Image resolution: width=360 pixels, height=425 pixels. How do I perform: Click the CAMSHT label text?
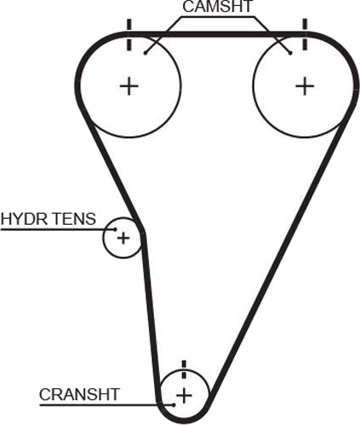(217, 7)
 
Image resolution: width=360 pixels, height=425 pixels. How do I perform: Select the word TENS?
(74, 219)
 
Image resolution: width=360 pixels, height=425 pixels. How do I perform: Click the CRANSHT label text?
(80, 394)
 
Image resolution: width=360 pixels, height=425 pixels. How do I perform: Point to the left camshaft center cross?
(129, 86)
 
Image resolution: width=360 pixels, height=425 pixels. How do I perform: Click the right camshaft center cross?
(304, 86)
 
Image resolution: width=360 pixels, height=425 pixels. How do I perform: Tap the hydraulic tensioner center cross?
(123, 238)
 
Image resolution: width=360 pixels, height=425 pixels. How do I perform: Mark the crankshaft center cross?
(184, 395)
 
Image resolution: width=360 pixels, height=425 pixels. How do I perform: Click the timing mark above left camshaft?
(129, 35)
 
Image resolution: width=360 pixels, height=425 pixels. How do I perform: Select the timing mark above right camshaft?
(305, 34)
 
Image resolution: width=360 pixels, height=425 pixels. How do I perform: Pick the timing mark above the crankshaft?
(184, 369)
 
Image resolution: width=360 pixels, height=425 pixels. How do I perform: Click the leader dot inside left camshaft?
(145, 53)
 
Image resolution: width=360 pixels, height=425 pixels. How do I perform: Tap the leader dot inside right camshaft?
(291, 53)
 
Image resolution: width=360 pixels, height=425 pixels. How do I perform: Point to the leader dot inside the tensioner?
(115, 229)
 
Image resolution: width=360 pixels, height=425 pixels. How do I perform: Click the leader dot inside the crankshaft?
(174, 404)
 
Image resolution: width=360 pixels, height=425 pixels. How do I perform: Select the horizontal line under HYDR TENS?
(57, 229)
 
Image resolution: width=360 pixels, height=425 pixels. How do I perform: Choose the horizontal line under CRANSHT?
(107, 404)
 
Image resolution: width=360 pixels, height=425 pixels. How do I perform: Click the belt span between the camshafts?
(217, 34)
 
